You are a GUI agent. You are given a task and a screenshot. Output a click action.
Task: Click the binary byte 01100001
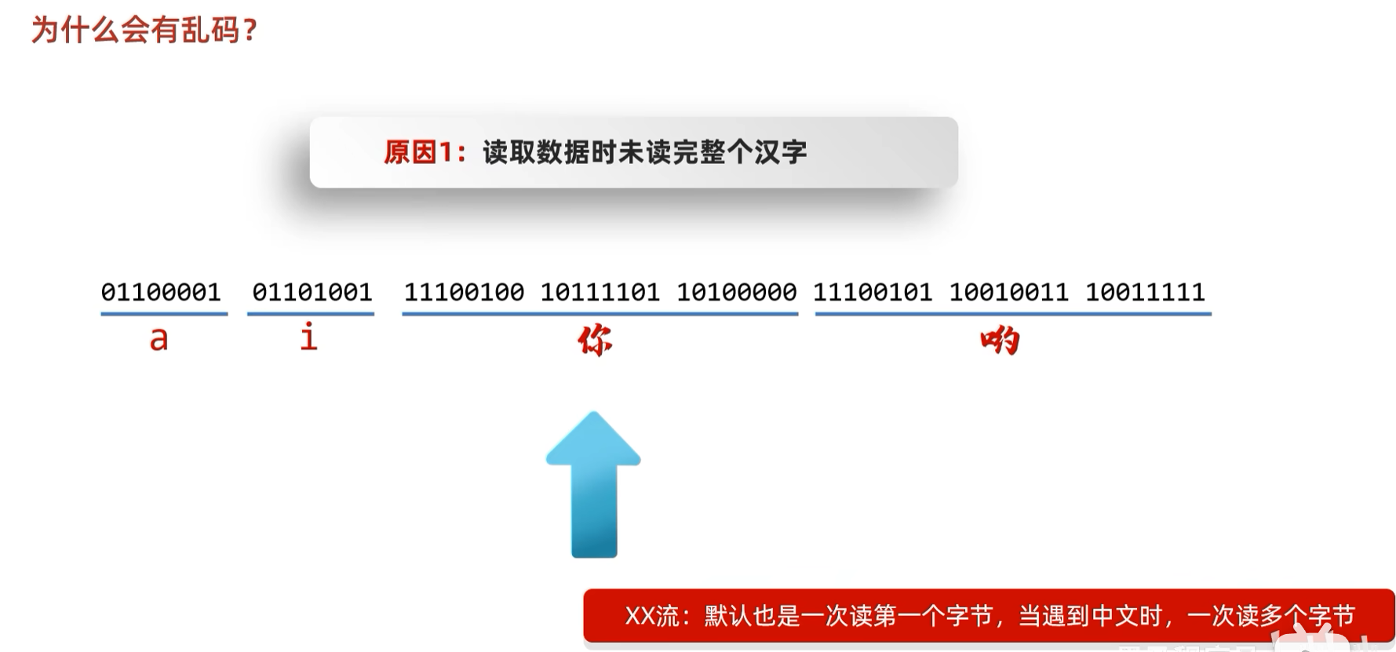pyautogui.click(x=161, y=292)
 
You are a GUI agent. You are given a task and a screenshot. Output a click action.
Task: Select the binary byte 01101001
pyautogui.click(x=312, y=292)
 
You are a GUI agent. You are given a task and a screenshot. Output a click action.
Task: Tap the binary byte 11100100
pyautogui.click(x=464, y=292)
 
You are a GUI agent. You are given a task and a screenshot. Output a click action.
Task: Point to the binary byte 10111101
pyautogui.click(x=600, y=292)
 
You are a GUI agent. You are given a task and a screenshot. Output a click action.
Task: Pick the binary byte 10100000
pyautogui.click(x=737, y=292)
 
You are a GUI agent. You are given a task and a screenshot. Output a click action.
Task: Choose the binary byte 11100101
pyautogui.click(x=873, y=292)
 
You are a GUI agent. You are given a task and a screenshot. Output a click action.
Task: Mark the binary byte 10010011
pyautogui.click(x=1009, y=292)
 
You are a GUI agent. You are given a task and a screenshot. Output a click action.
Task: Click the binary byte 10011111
pyautogui.click(x=1145, y=292)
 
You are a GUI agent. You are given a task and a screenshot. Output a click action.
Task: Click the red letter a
pyautogui.click(x=159, y=339)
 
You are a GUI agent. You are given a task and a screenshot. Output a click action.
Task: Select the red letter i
pyautogui.click(x=309, y=337)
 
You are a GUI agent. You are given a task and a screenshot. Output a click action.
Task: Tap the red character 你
pyautogui.click(x=595, y=341)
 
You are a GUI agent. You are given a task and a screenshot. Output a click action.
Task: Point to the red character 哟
pyautogui.click(x=1000, y=341)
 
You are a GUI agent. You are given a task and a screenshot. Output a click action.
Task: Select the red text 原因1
pyautogui.click(x=421, y=152)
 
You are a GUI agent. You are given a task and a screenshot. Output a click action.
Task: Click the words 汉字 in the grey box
pyautogui.click(x=781, y=152)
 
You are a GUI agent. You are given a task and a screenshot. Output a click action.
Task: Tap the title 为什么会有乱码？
pyautogui.click(x=144, y=31)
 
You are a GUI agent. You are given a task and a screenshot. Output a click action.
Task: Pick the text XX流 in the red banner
pyautogui.click(x=652, y=616)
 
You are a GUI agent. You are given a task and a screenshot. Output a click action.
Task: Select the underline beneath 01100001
pyautogui.click(x=164, y=314)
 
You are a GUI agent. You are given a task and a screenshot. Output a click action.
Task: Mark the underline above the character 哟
pyautogui.click(x=1013, y=314)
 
